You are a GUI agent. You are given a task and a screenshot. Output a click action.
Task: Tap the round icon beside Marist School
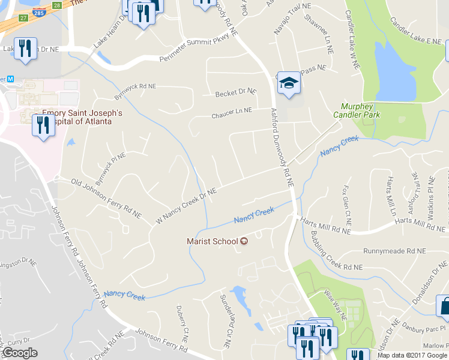coord(244,242)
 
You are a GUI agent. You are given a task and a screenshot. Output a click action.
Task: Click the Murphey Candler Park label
coord(357,110)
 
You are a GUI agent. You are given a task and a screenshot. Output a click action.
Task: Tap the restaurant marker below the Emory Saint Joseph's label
coord(43,126)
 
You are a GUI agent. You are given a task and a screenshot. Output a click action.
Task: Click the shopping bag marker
coord(444,305)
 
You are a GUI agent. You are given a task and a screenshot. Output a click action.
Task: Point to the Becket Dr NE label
coord(236,92)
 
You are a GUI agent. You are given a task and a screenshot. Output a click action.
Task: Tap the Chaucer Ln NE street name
coord(231,112)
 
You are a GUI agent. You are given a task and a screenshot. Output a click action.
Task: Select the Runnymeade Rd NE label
coord(394,251)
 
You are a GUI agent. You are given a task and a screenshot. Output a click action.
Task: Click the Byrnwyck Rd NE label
coord(135,91)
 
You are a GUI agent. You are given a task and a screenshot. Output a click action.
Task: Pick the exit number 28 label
coord(56,5)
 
